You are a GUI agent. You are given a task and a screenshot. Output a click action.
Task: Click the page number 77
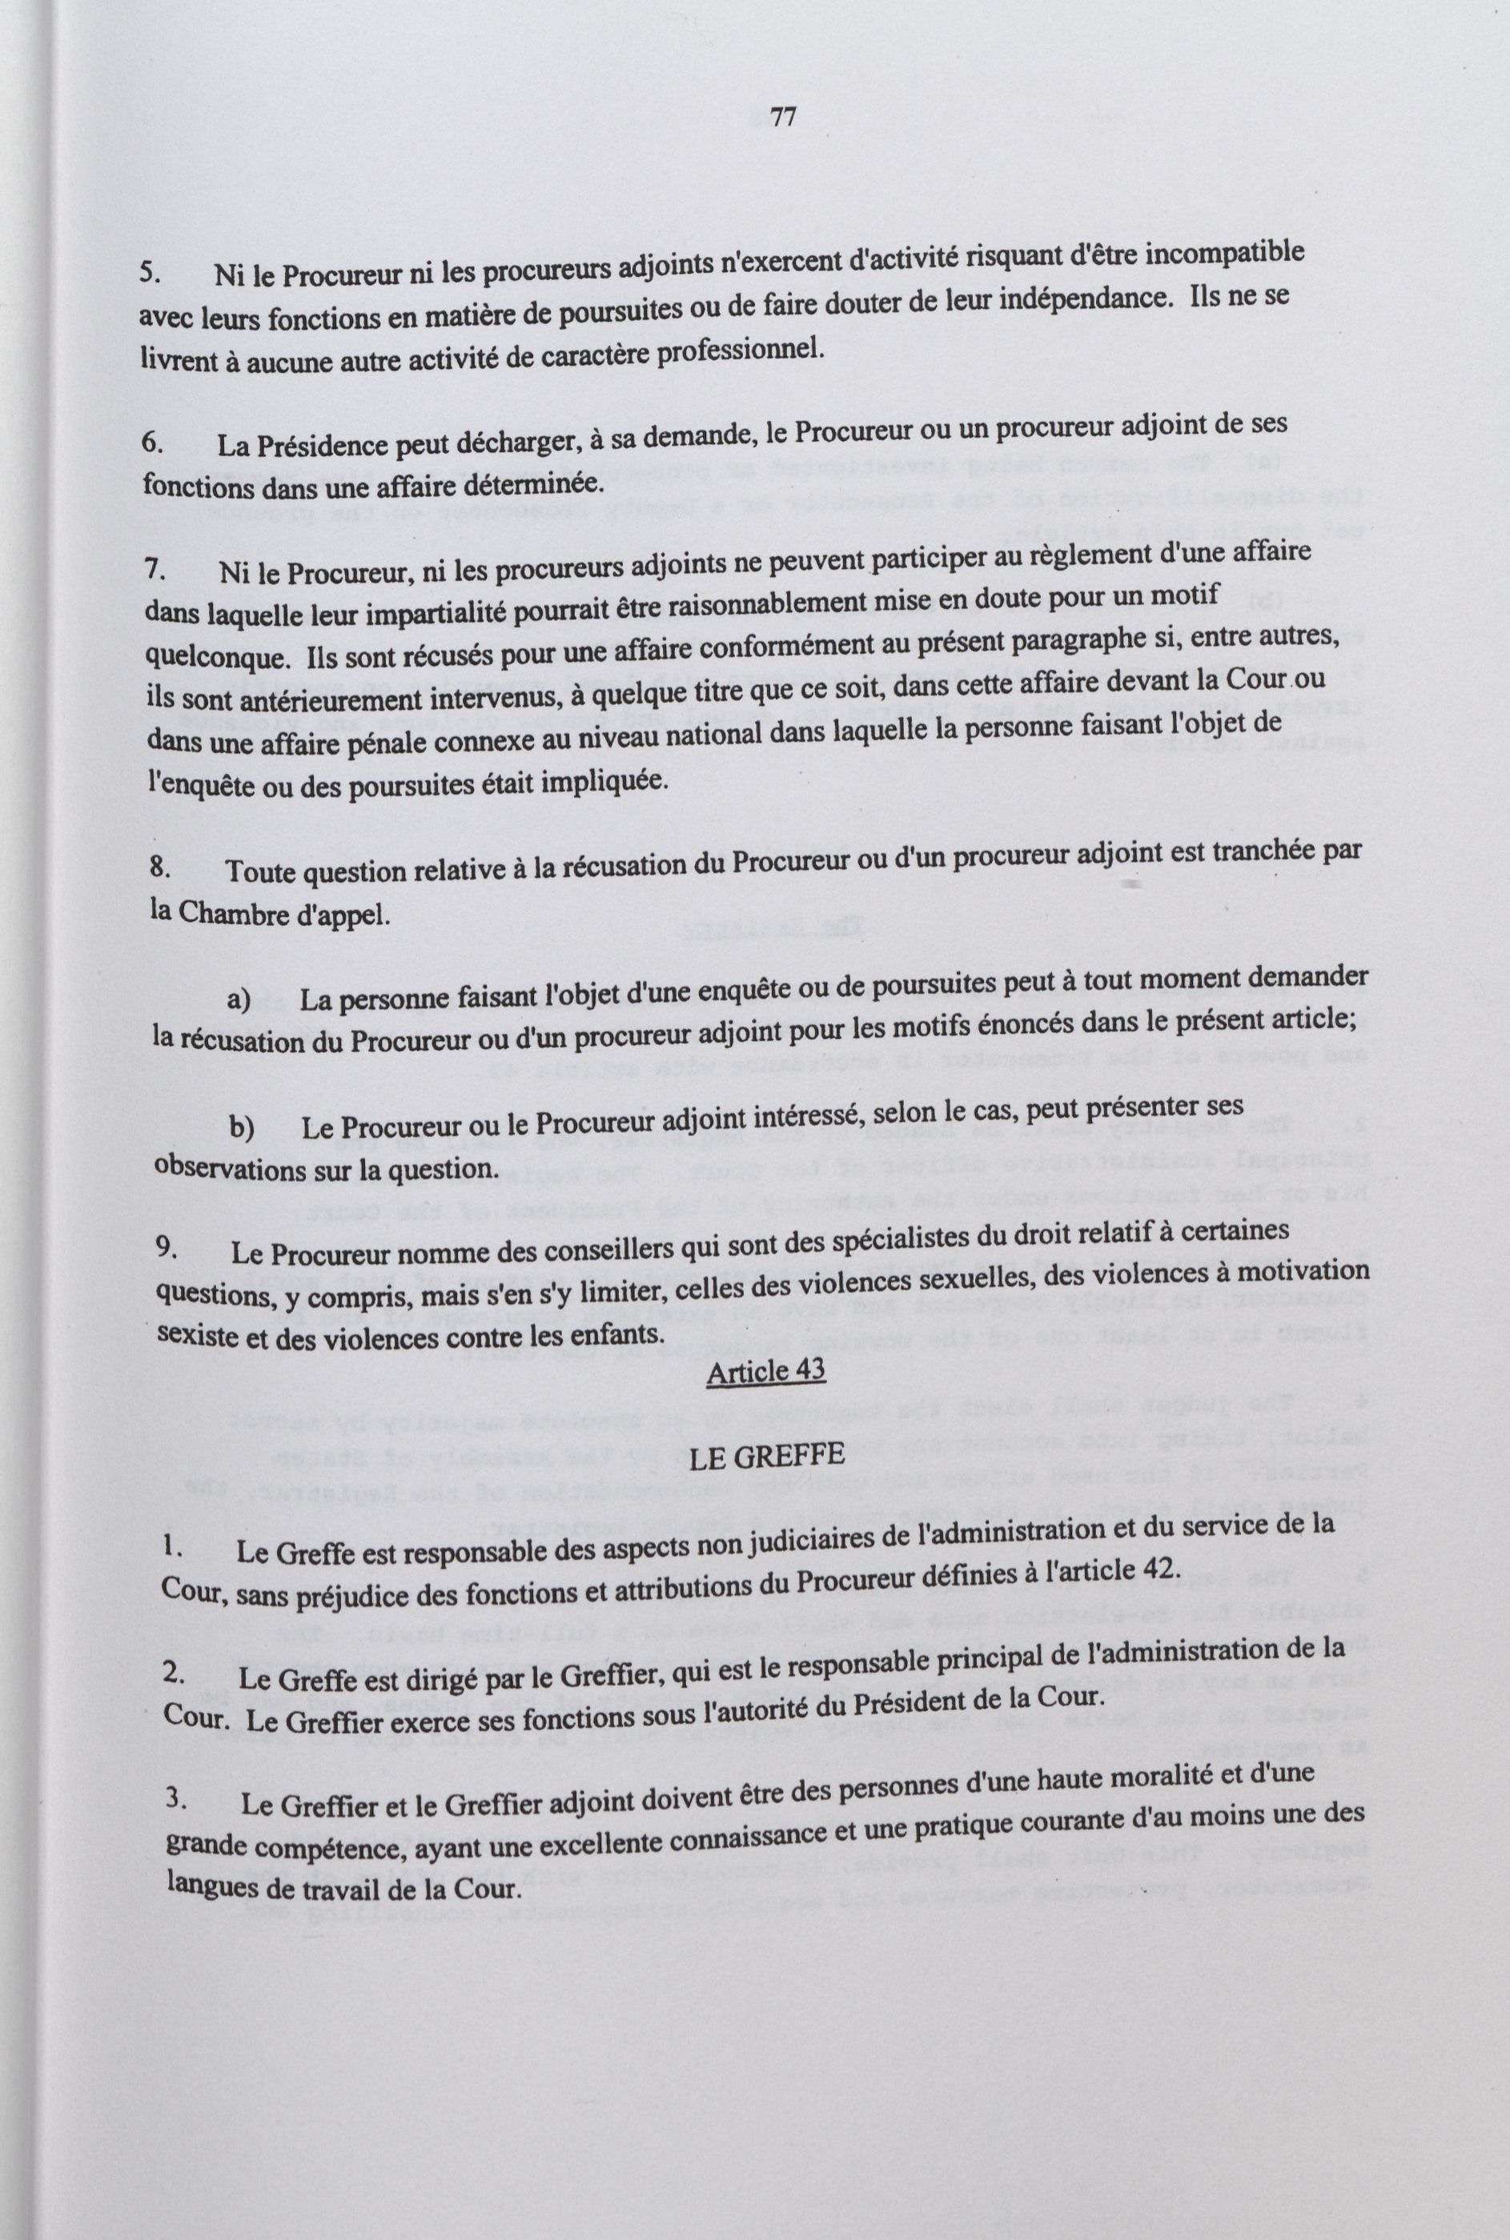click(783, 118)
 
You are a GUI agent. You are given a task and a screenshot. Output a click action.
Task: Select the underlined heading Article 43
click(765, 1370)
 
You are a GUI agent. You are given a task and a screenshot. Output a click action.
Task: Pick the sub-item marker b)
click(241, 1128)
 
